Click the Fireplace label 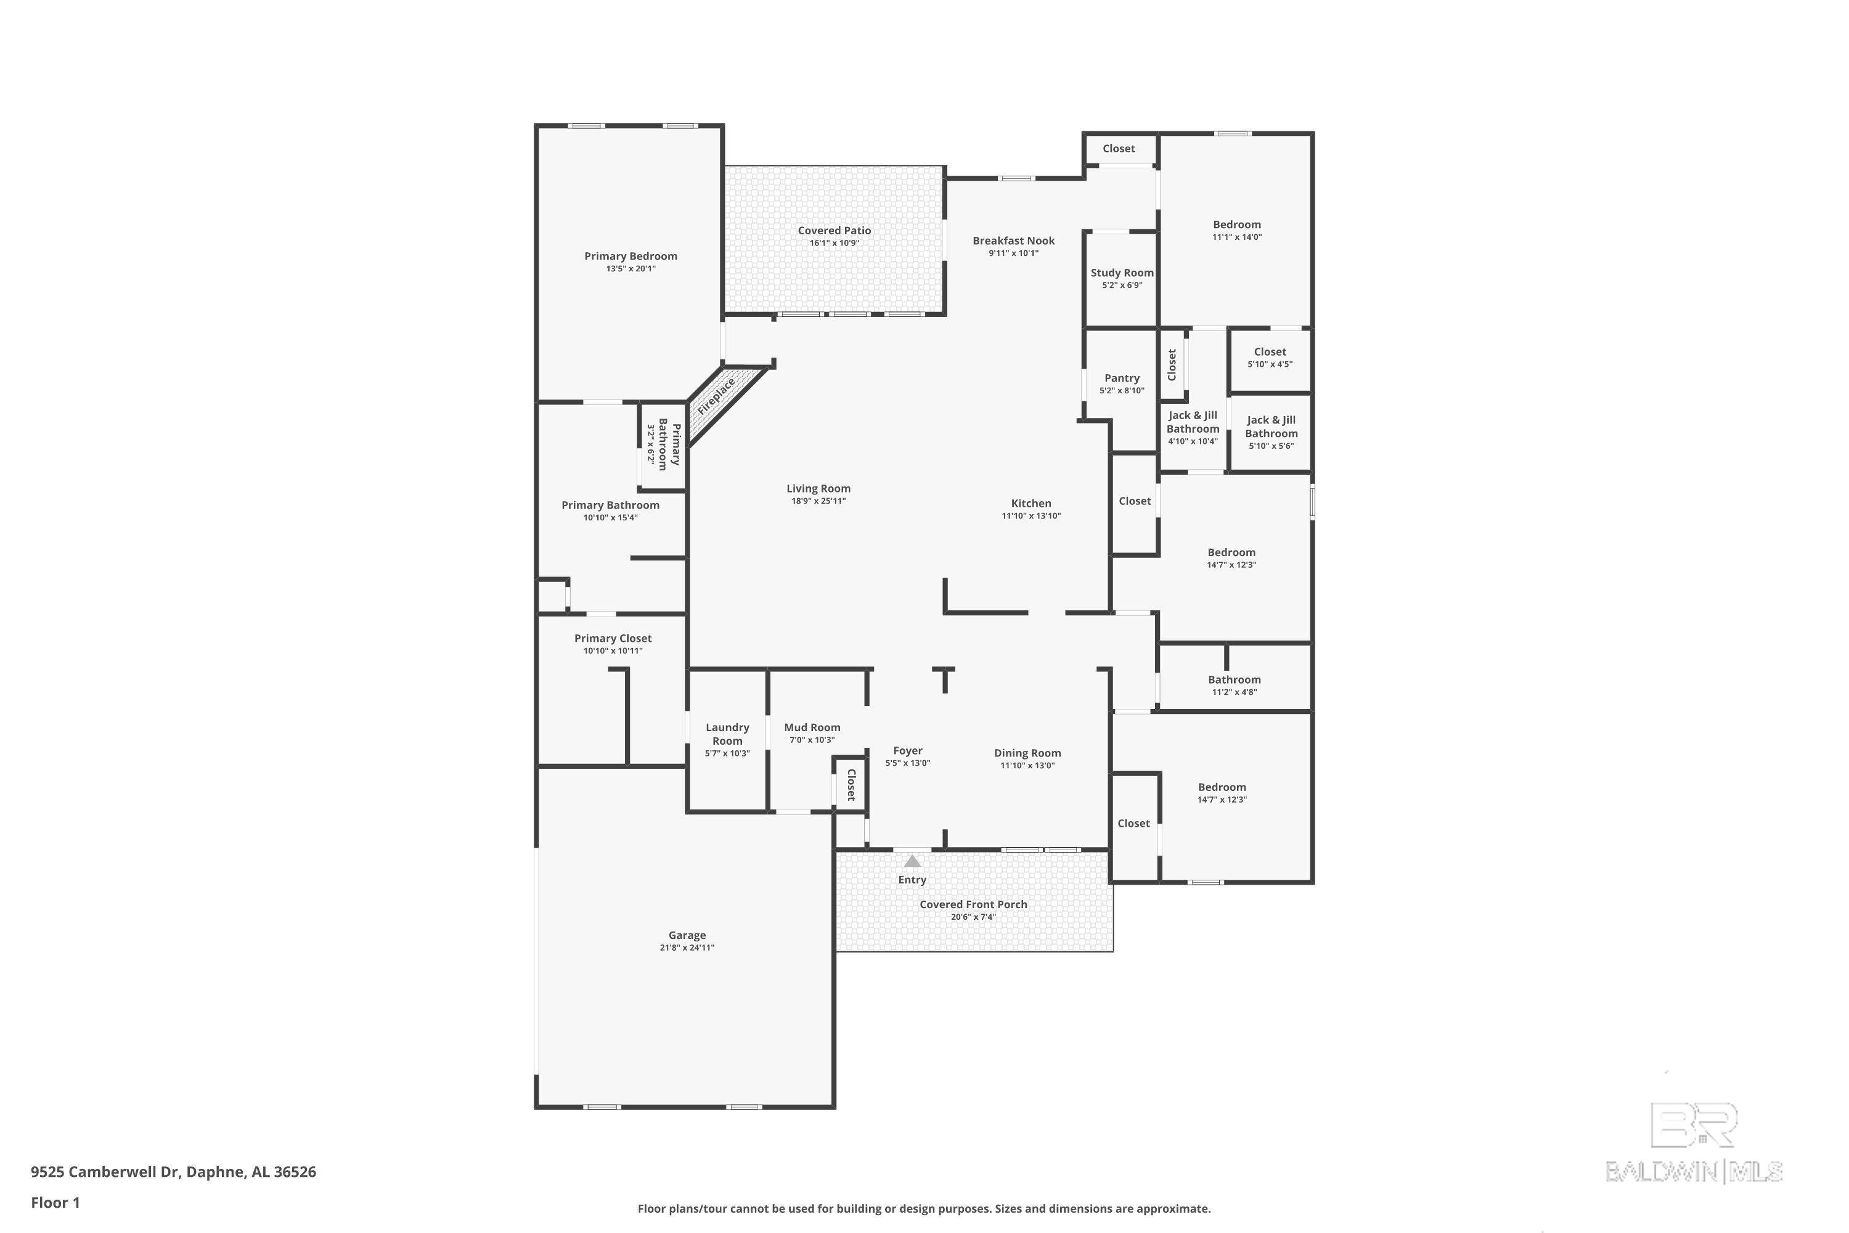(x=716, y=396)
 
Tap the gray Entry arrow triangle (x=912, y=861)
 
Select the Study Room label (x=1122, y=273)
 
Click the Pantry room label (x=1121, y=379)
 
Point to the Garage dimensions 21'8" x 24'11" (x=687, y=948)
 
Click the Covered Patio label (x=834, y=231)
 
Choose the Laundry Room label (x=727, y=734)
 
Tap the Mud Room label (x=812, y=727)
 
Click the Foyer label (x=907, y=751)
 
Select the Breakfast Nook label (x=1013, y=240)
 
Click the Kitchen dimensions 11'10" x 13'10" (x=1031, y=516)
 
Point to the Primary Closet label (x=613, y=639)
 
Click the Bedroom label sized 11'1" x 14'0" (x=1236, y=224)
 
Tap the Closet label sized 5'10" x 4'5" (x=1270, y=351)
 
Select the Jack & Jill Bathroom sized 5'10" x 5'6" (x=1271, y=427)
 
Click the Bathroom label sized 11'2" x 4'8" (x=1235, y=679)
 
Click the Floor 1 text (x=55, y=1202)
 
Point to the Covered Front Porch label (x=973, y=904)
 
